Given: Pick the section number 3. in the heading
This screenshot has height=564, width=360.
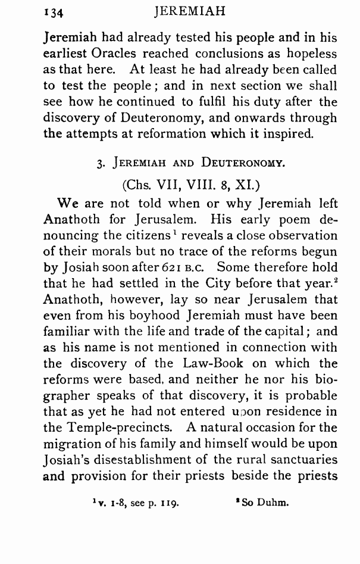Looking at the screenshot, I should [x=99, y=164].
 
